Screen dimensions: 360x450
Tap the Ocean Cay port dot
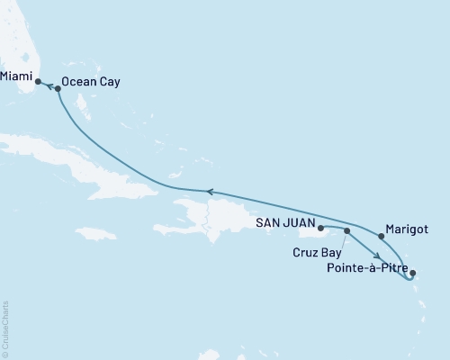(x=58, y=88)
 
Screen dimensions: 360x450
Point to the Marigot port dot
(x=382, y=237)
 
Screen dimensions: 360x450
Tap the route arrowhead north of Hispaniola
(x=209, y=191)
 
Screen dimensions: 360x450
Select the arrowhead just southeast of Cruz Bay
(x=374, y=256)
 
